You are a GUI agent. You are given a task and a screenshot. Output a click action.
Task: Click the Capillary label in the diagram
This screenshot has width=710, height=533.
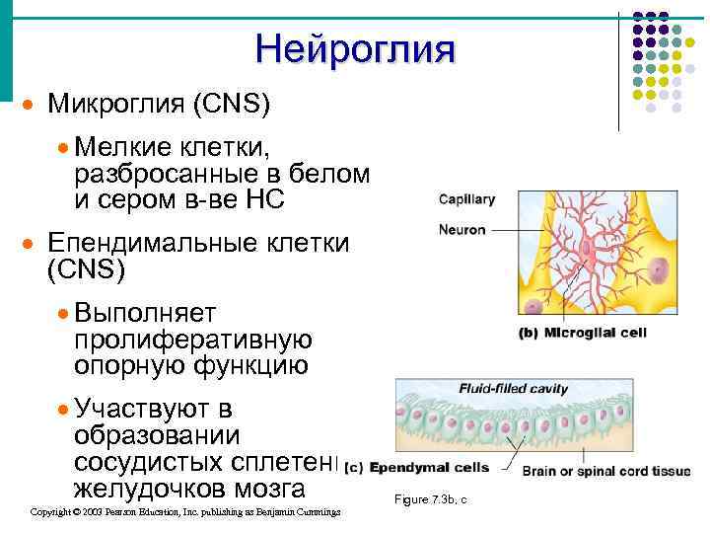click(x=466, y=199)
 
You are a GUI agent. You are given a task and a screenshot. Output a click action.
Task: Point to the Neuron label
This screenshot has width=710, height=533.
click(x=462, y=230)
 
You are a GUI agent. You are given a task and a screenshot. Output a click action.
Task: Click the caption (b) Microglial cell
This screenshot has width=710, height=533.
click(x=582, y=333)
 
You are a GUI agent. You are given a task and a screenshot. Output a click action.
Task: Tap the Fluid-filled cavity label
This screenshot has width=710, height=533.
click(x=513, y=389)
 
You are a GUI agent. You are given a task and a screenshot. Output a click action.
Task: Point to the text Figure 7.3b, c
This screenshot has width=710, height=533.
click(x=430, y=500)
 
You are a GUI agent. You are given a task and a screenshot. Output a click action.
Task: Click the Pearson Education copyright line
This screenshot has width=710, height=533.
click(x=185, y=512)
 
